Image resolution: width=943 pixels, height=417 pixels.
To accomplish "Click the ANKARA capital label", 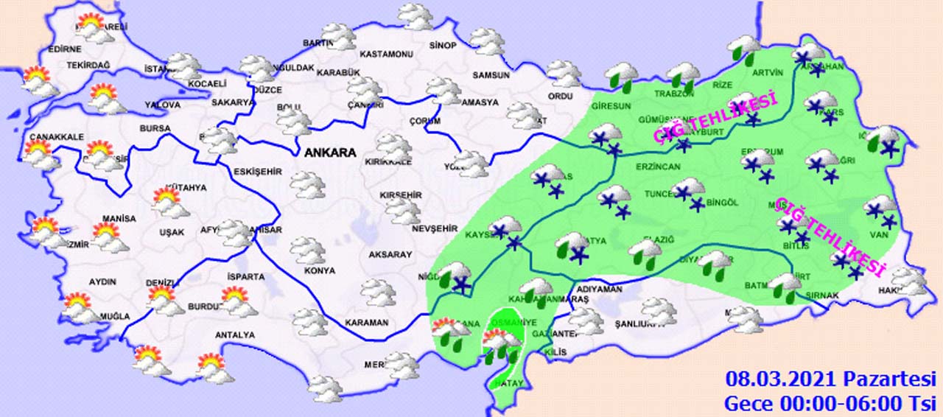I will pos(329,154).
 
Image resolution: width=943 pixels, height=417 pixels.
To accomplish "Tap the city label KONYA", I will pos(319,270).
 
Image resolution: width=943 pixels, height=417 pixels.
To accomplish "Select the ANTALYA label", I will pos(234,335).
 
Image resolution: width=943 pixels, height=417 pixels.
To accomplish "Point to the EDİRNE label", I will pos(64,49).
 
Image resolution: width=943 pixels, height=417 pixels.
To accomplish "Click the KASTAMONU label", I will pos(385,55).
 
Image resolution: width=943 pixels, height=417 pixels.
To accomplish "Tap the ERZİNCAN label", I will pos(658,167).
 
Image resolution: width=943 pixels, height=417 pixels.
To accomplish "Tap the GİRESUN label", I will pos(611,106).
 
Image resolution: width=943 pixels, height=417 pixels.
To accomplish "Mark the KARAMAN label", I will pos(367,323).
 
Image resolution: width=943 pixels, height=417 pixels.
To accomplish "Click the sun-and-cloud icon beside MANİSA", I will pos(107,236).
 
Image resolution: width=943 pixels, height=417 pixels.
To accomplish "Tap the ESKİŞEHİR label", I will pos(258,172).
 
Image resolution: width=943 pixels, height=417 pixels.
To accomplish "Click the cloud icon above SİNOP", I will pos(416,16).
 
